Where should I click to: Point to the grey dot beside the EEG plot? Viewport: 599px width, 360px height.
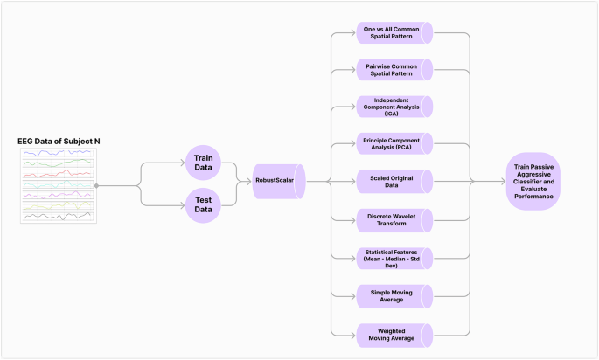click(x=96, y=185)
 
